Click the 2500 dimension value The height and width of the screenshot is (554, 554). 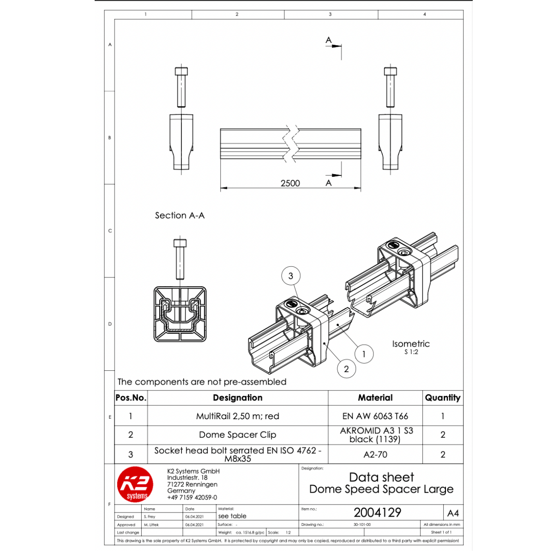pyautogui.click(x=290, y=183)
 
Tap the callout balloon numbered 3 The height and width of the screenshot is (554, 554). pyautogui.click(x=291, y=276)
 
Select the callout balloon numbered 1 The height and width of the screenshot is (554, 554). pyautogui.click(x=364, y=354)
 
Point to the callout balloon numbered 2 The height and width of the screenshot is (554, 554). pyautogui.click(x=346, y=369)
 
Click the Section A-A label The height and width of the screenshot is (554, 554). pyautogui.click(x=180, y=215)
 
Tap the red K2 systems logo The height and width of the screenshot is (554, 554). pyautogui.click(x=135, y=484)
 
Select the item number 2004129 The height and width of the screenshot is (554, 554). pyautogui.click(x=377, y=512)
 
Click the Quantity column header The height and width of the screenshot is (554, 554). pyautogui.click(x=443, y=397)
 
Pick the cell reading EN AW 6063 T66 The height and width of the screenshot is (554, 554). pyautogui.click(x=375, y=416)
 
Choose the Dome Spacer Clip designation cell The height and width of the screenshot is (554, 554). pyautogui.click(x=238, y=435)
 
